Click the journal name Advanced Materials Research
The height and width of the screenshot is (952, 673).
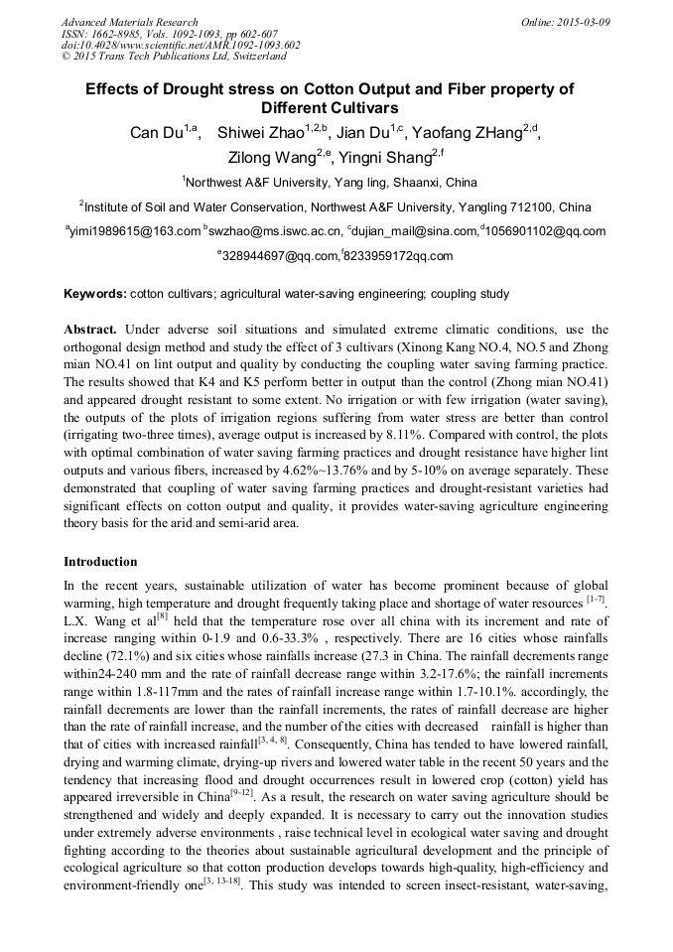pos(129,22)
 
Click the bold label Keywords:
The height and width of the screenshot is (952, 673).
pos(95,294)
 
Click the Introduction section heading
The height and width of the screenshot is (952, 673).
pos(100,562)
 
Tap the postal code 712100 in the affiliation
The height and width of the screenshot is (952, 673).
pos(535,207)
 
